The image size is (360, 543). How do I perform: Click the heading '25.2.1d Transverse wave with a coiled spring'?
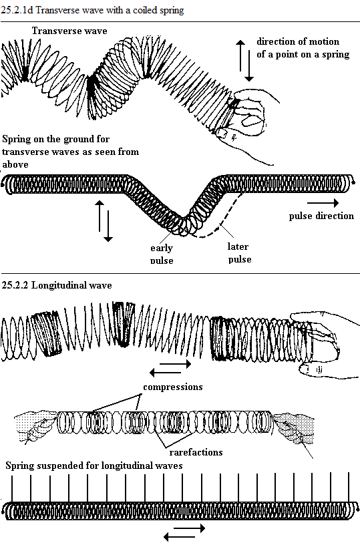tap(92, 10)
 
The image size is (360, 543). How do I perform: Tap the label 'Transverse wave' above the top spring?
tap(69, 31)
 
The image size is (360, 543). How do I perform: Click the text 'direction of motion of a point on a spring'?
tap(303, 48)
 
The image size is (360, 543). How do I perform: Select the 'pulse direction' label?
tap(321, 216)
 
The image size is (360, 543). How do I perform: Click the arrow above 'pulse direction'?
tap(323, 203)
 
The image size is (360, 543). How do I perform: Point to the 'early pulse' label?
tap(162, 254)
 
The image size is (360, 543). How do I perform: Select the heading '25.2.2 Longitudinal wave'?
tap(57, 285)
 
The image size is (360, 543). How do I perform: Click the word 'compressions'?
tap(173, 387)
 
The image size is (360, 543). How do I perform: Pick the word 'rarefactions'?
tap(196, 452)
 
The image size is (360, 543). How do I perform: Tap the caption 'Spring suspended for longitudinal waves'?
tap(94, 466)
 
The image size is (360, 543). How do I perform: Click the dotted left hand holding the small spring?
tap(35, 425)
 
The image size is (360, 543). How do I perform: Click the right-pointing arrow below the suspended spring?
tap(189, 528)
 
